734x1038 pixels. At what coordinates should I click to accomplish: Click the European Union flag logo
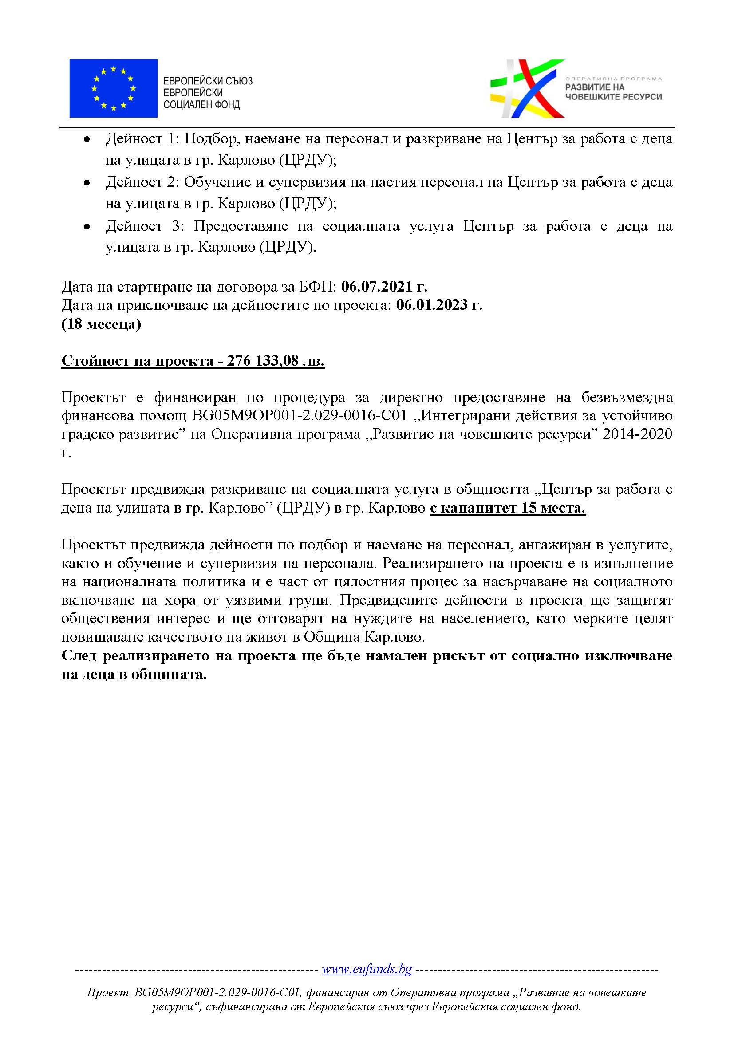(x=113, y=88)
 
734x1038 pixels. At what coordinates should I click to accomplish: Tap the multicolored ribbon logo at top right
(x=527, y=88)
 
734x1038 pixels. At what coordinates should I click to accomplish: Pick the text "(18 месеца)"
(x=101, y=324)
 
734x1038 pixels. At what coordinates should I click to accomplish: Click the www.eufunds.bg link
(x=367, y=969)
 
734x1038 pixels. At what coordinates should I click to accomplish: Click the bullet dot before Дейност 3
(x=87, y=226)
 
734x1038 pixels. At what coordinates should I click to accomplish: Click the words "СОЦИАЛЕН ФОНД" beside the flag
(x=201, y=105)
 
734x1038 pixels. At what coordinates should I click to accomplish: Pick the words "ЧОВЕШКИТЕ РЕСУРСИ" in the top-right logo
(x=613, y=97)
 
